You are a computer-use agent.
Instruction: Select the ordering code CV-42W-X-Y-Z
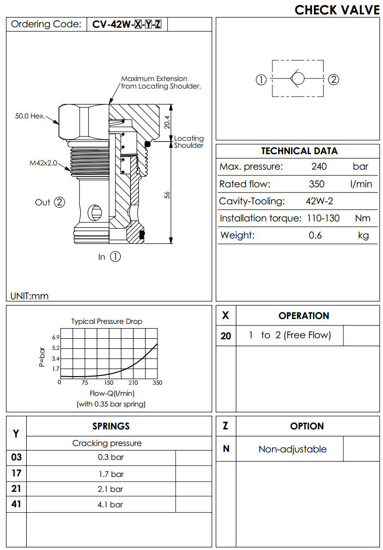127,24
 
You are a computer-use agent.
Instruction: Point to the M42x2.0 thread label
43,163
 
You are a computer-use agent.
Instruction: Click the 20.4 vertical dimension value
166,123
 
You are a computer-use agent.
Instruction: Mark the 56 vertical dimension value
167,195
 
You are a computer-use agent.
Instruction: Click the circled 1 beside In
115,257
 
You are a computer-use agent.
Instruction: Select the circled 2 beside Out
59,202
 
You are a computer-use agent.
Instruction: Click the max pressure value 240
319,166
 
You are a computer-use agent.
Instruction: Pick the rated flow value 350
317,185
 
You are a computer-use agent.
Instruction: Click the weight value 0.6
315,235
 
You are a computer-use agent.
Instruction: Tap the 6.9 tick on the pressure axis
56,338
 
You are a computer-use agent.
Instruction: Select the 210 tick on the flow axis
133,382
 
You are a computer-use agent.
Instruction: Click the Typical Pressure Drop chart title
107,321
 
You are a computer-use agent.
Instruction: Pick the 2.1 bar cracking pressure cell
110,489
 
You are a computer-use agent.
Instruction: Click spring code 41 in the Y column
16,504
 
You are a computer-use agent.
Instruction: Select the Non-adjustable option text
292,449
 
